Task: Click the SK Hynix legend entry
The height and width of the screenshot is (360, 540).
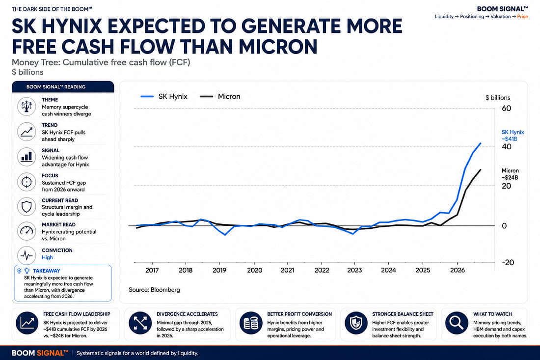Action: coord(164,96)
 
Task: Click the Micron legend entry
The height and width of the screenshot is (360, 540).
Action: coord(220,96)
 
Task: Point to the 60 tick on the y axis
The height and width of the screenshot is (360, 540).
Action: coord(506,108)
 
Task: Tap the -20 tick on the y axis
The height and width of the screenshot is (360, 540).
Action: coord(508,262)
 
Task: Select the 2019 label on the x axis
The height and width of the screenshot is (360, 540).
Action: coord(219,271)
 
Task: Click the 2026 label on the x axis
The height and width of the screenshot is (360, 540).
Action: coord(458,271)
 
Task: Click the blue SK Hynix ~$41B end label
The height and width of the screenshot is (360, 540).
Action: coord(513,136)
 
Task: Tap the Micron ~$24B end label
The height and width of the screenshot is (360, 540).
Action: coord(510,174)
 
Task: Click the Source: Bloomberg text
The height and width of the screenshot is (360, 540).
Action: coord(154,290)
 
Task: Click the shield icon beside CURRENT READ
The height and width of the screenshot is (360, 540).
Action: coord(27,207)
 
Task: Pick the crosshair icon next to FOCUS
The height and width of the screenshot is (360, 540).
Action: coord(27,182)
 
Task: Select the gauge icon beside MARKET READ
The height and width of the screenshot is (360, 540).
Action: coord(27,231)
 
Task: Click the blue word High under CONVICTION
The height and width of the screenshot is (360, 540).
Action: coord(47,257)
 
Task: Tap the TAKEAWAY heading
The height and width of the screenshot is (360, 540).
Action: coord(47,271)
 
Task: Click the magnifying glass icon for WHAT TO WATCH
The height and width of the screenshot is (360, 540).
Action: coord(457,323)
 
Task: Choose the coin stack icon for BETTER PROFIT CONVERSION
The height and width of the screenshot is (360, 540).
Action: coord(251,323)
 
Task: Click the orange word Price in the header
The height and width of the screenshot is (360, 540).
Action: coord(522,17)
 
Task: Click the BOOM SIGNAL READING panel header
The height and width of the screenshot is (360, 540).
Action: coord(63,87)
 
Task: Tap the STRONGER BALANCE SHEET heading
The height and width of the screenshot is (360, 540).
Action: coord(403,314)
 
